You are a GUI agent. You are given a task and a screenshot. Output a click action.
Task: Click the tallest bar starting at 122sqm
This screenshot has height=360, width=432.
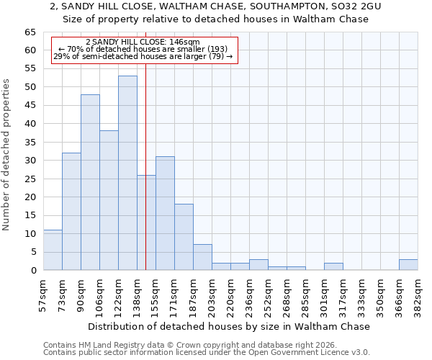tap(127, 173)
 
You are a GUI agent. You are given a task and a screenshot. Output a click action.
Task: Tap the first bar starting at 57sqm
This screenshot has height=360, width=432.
tap(53, 250)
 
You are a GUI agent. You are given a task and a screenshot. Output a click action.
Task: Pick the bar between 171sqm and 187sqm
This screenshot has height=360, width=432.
tap(184, 237)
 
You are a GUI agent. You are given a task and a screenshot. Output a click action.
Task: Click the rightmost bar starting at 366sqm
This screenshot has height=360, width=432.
tap(408, 264)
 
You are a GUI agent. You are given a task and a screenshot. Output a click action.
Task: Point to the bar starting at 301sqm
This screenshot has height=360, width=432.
tap(333, 266)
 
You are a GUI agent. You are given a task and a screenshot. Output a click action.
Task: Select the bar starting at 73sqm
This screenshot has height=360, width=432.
tap(71, 212)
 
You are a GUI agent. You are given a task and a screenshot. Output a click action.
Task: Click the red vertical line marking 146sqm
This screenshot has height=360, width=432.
tap(145, 180)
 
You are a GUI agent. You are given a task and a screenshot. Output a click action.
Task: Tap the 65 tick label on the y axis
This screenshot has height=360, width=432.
tap(30, 32)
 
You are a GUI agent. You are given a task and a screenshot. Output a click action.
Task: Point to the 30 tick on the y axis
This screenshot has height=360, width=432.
tap(30, 161)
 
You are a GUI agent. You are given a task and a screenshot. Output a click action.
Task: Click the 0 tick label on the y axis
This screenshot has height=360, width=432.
tap(33, 271)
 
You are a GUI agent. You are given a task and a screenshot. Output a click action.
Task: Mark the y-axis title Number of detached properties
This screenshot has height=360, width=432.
tap(7, 155)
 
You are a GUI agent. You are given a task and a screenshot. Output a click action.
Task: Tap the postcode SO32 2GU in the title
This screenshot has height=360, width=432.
tap(354, 6)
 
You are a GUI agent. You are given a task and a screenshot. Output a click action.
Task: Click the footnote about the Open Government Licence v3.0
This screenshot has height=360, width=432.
tap(207, 352)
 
